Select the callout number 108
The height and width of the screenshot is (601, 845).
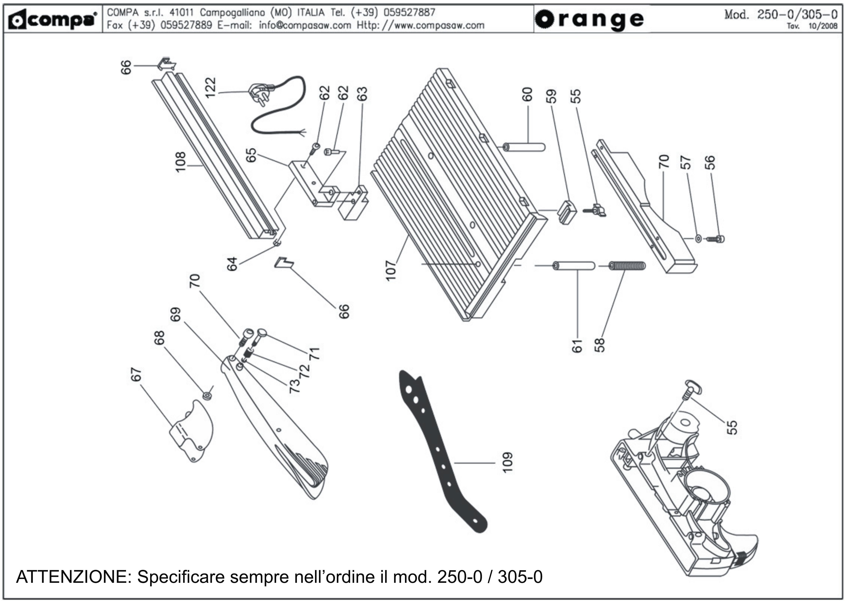tap(181, 162)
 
